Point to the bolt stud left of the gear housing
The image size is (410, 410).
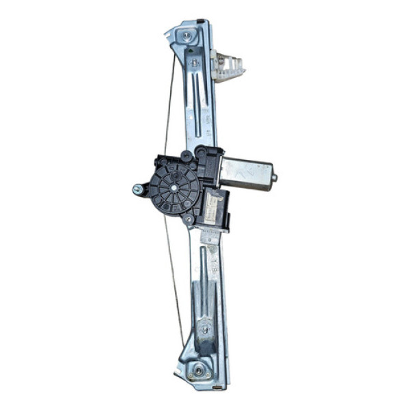tap(137, 189)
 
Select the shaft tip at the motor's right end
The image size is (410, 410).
tap(275, 178)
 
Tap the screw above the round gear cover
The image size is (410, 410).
tap(186, 155)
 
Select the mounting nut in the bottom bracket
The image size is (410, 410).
tap(198, 370)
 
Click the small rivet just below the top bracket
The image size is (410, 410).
tap(195, 63)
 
